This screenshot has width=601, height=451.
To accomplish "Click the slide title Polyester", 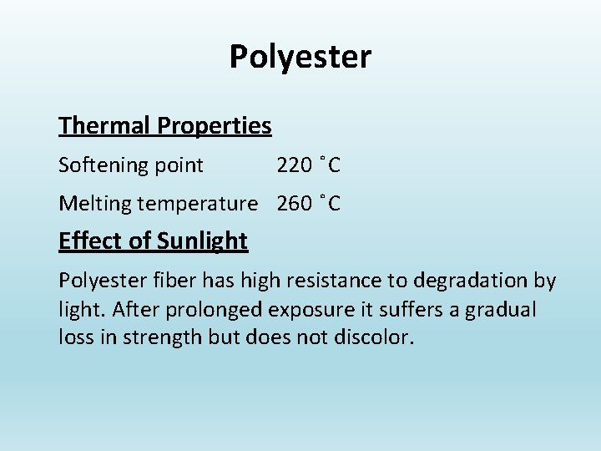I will tap(300, 58).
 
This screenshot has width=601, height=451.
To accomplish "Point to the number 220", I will tap(295, 165).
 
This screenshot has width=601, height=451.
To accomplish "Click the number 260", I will tap(295, 204).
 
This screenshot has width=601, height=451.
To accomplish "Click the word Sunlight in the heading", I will tap(202, 241).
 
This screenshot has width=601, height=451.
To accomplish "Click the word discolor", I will tap(373, 339).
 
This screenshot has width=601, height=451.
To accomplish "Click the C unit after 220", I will tap(334, 165).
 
